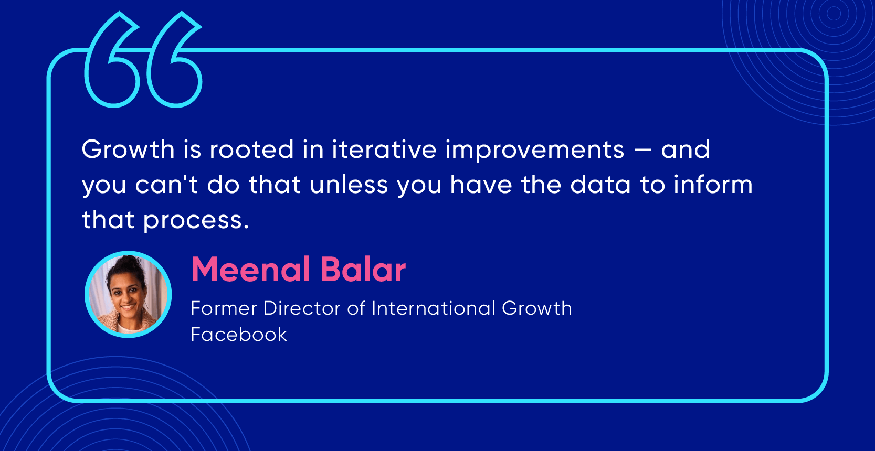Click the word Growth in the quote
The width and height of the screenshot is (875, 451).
128,149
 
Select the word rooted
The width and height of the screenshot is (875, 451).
251,149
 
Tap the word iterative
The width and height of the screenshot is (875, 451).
384,149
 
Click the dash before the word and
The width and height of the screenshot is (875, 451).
642,150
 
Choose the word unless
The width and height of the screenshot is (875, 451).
349,185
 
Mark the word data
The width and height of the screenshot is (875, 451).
600,185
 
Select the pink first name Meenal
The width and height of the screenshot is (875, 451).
250,269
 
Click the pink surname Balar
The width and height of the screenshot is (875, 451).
363,269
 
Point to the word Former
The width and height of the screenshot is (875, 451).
224,308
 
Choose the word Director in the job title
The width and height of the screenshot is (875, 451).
302,308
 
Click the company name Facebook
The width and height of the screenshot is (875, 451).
239,335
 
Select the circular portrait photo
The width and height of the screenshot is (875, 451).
128,294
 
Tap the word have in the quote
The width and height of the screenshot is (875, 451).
481,185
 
